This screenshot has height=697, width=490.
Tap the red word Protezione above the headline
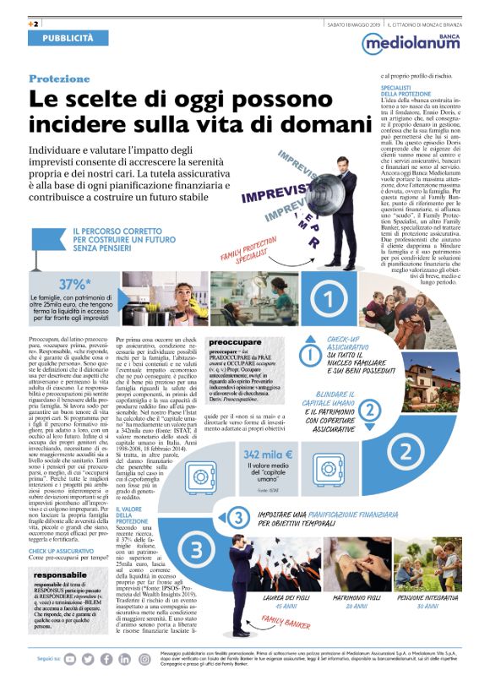tap(59, 79)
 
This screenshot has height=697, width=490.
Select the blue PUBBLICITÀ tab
tap(68, 38)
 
